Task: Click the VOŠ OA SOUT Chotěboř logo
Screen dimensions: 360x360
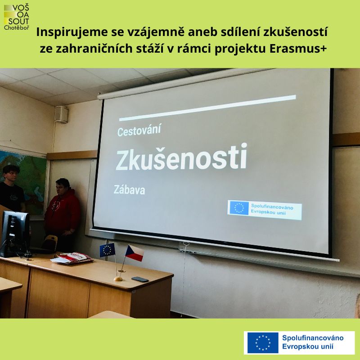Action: (x=17, y=18)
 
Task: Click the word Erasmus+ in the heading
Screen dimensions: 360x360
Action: (x=298, y=49)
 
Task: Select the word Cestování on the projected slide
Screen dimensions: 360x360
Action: (x=139, y=130)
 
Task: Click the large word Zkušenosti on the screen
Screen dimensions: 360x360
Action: (x=181, y=157)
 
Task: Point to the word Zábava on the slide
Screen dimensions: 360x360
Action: (x=129, y=190)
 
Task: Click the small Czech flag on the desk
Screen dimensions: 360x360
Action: (x=134, y=253)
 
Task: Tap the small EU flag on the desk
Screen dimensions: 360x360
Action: (x=107, y=250)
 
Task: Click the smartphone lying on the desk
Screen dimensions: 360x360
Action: (x=140, y=279)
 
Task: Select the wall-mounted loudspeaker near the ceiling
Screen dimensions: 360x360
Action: (x=61, y=114)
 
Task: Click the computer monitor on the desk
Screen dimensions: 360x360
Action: (x=15, y=234)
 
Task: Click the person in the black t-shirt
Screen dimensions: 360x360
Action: (x=12, y=188)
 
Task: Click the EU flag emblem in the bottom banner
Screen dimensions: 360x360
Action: (x=263, y=343)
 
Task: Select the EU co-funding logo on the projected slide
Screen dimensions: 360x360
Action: (x=265, y=210)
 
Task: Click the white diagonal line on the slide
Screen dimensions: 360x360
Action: (x=207, y=108)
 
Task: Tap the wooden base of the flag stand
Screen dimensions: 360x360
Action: (x=118, y=279)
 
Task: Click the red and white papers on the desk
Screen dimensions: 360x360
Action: (x=72, y=258)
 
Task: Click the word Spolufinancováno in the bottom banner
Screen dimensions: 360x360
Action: (x=313, y=338)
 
